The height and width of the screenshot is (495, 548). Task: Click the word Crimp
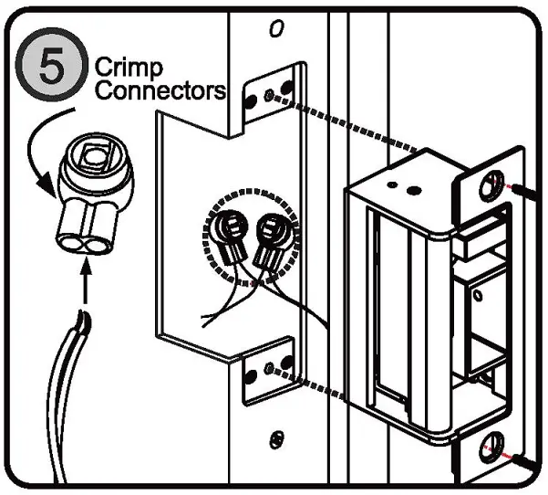(x=129, y=68)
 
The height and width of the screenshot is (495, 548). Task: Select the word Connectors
(x=160, y=90)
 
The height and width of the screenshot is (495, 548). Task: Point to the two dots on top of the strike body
(x=403, y=187)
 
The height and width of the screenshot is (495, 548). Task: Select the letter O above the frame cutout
(x=276, y=29)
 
